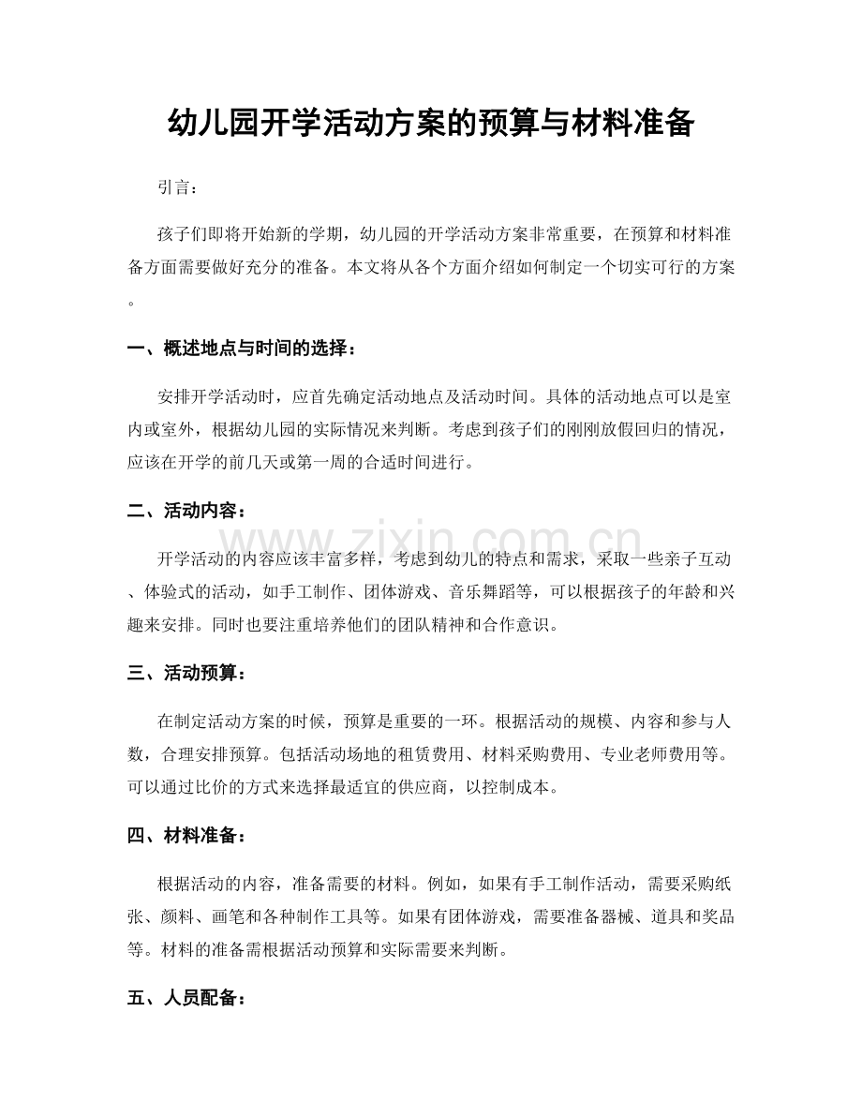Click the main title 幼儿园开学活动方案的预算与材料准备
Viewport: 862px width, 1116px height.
[x=430, y=122]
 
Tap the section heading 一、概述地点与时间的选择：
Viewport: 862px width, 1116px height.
[x=242, y=350]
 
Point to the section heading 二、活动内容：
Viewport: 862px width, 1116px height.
[x=186, y=512]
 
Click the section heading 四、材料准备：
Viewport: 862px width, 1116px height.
[x=186, y=836]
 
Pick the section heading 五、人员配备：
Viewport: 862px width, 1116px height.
[x=186, y=998]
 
